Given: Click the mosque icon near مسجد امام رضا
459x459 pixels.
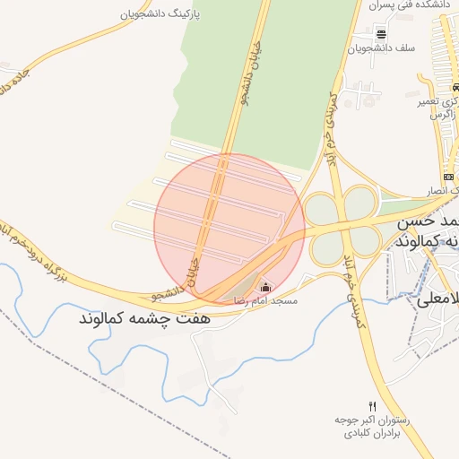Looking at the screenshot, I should coord(265,288).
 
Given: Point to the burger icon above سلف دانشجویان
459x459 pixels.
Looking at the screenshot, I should coord(382,34).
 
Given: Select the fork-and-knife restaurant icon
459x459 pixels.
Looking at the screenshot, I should coord(373,405).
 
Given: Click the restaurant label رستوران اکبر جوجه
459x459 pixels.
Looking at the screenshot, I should coord(373,420).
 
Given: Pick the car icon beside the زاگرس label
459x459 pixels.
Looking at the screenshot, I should coord(455,87).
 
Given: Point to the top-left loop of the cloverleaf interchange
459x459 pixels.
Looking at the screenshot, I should coord(321,210).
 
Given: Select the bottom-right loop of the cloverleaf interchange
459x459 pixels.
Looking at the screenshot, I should coord(364,240).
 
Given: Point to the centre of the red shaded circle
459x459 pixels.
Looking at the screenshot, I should coord(229,228).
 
